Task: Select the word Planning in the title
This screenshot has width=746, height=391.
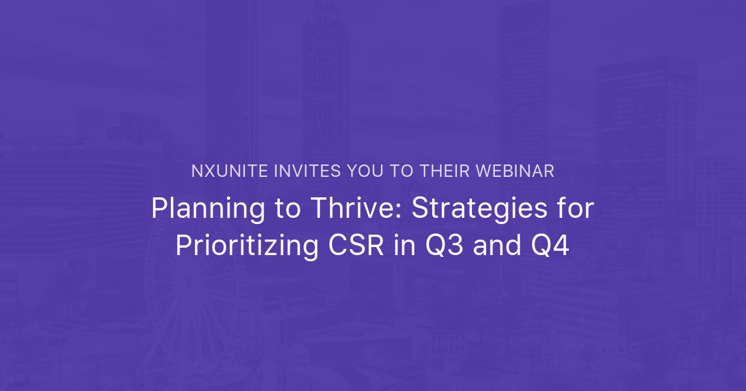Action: [197, 210]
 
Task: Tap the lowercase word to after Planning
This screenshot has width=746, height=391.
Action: [264, 210]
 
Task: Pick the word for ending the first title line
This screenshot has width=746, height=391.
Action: [576, 210]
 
